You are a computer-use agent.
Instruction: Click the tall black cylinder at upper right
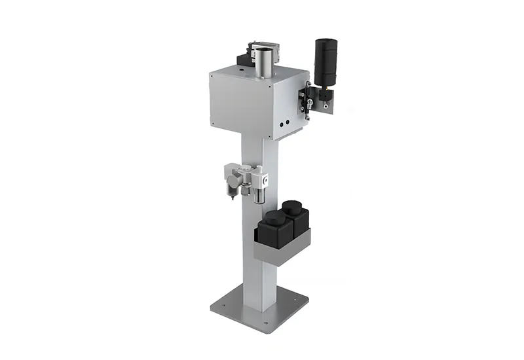coord(325,62)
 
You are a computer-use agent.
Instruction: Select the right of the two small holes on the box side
coord(286,121)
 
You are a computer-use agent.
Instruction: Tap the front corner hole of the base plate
coord(265,322)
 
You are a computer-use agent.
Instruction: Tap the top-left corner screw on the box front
coord(212,75)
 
